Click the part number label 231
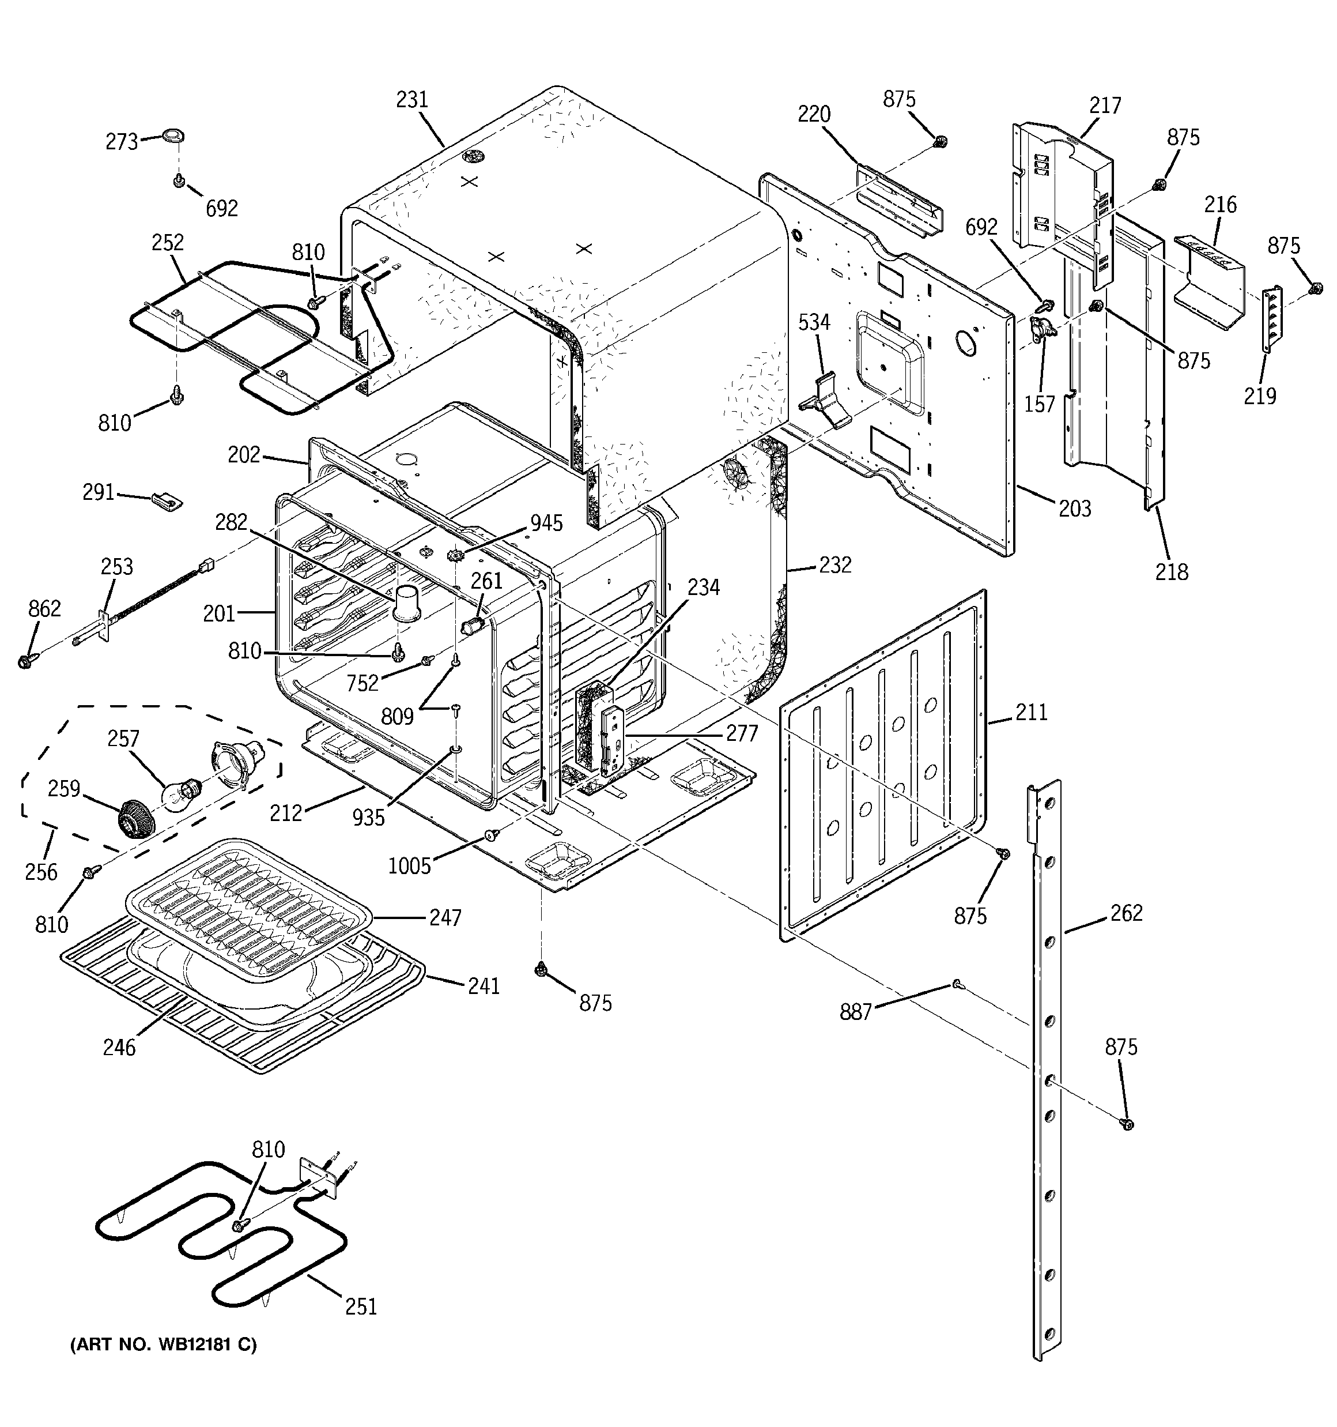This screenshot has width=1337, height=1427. (412, 100)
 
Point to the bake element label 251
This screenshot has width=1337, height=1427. (360, 1306)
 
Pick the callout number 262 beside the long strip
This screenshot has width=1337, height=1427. (1126, 913)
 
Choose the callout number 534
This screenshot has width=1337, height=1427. (814, 322)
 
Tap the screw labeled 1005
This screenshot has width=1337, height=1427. (492, 835)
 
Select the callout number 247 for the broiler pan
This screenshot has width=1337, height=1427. (445, 917)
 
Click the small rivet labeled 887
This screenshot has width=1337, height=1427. (957, 984)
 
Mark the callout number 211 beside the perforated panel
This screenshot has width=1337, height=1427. (1032, 712)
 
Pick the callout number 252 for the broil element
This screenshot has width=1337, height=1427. (167, 243)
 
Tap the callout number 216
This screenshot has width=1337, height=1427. (1220, 205)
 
